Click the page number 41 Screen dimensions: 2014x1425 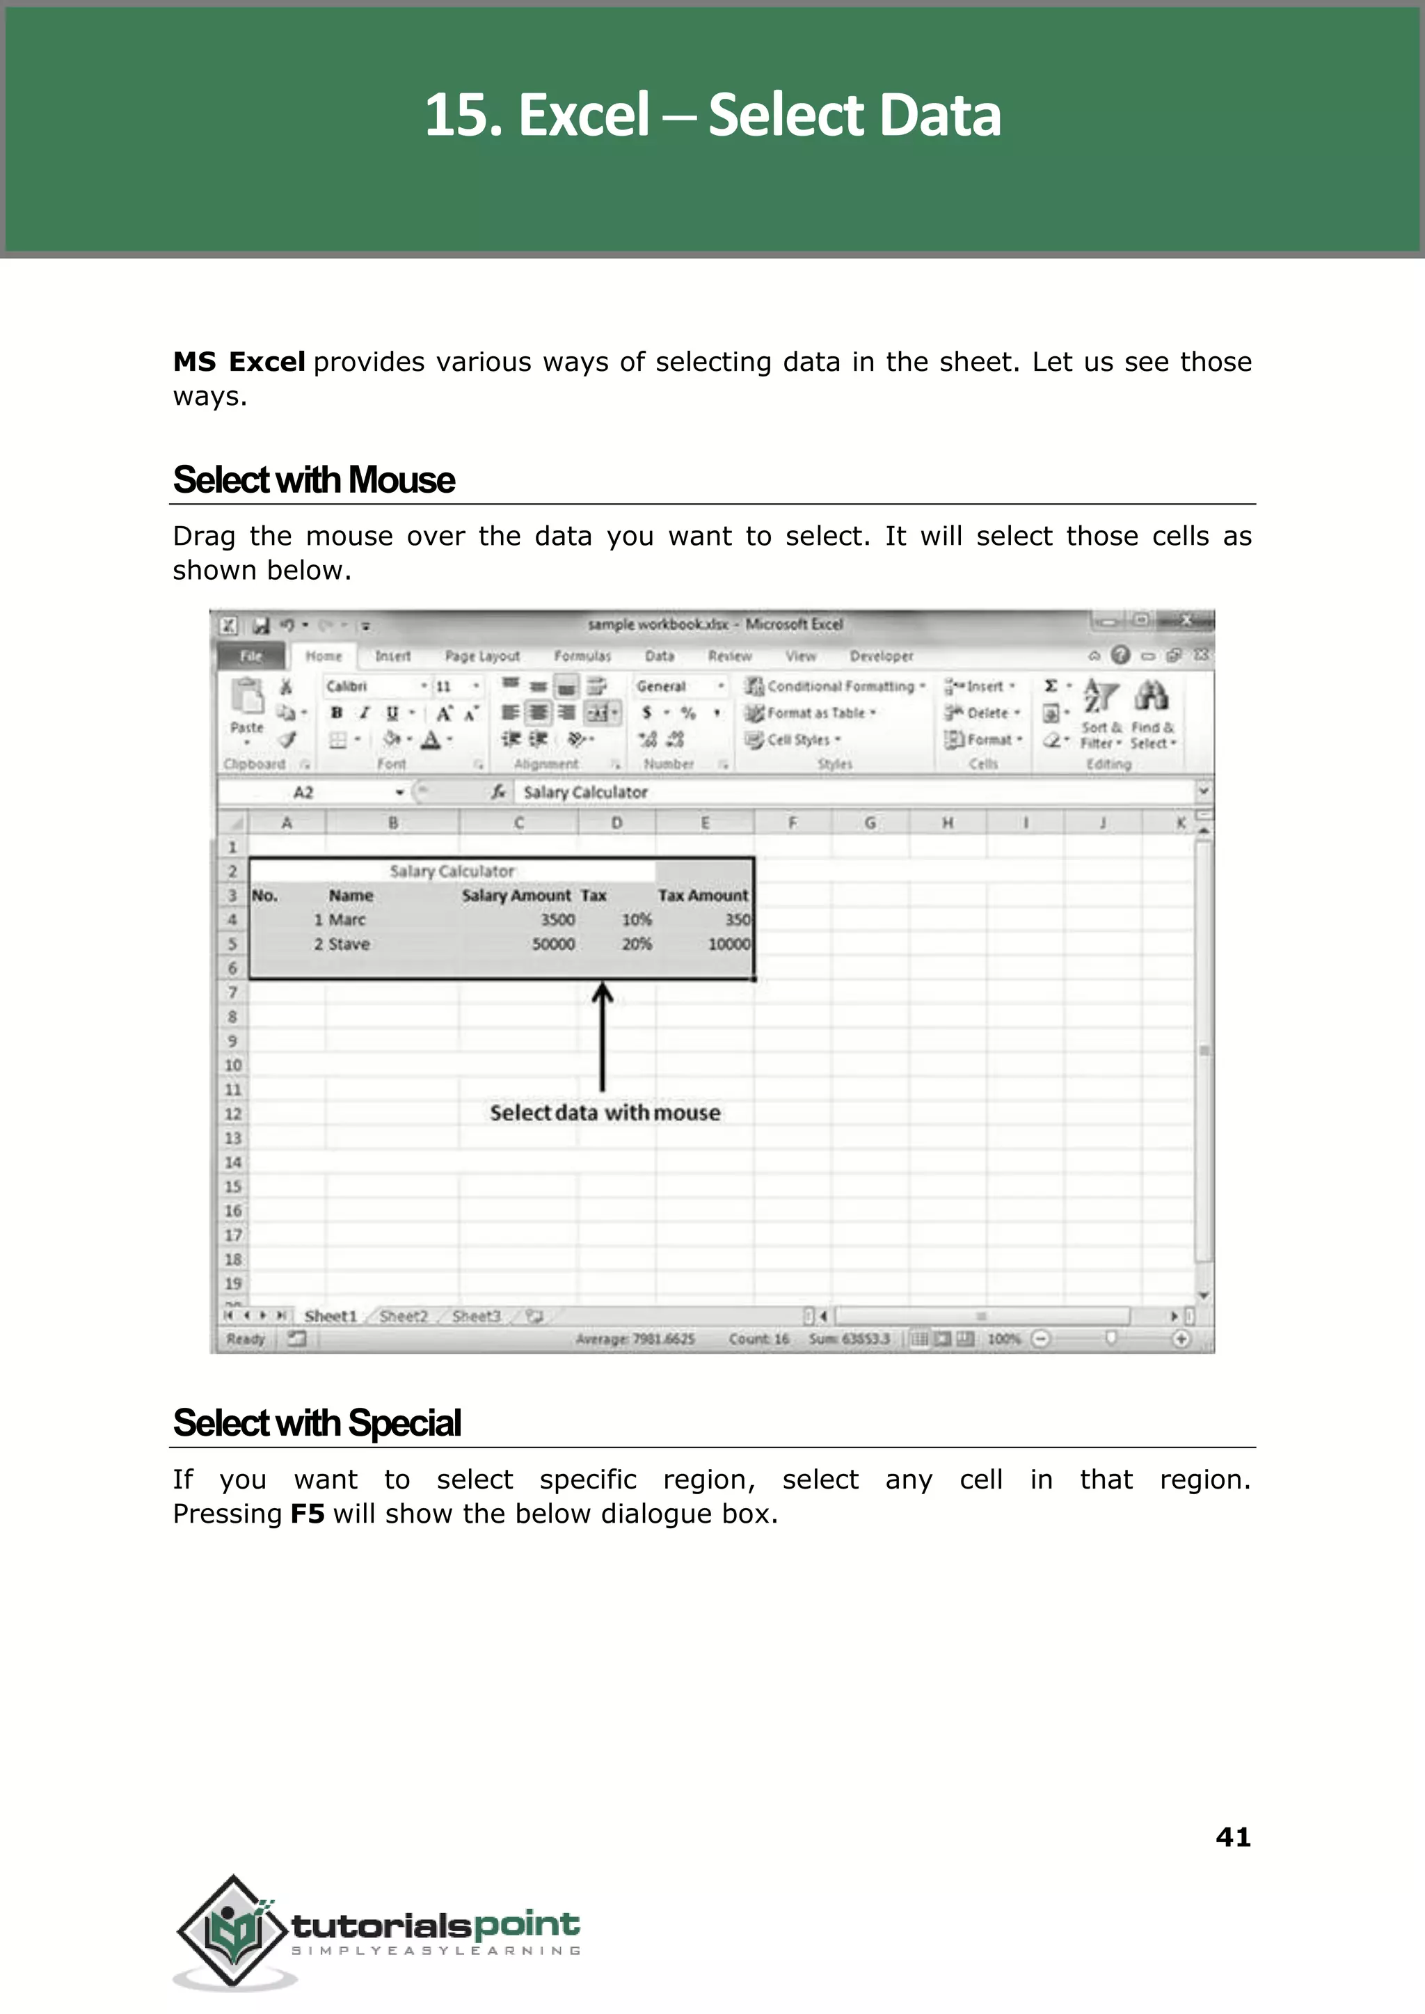1232,1837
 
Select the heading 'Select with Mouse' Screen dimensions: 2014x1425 313,480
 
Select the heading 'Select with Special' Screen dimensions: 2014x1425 317,1422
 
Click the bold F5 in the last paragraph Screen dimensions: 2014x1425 307,1514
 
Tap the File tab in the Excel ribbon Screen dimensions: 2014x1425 251,656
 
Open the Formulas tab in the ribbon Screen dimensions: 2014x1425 582,656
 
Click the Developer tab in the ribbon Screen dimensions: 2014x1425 881,656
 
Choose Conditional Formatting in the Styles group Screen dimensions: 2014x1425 836,686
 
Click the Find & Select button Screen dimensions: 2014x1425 1152,715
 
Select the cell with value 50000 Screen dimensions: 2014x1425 552,944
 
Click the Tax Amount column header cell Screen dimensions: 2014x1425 703,895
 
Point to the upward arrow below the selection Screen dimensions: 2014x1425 602,1036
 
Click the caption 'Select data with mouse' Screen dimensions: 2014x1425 605,1113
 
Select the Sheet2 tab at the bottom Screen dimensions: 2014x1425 404,1315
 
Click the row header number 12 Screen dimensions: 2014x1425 232,1113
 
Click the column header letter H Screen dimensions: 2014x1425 947,823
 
